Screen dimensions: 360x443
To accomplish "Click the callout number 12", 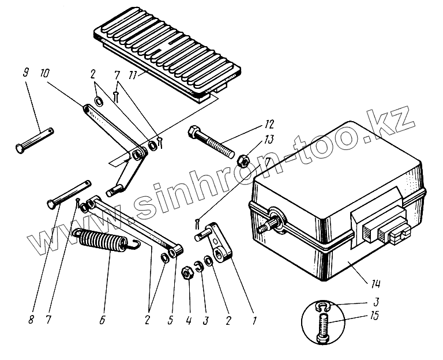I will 254,124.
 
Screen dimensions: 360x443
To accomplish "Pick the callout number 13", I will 254,140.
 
